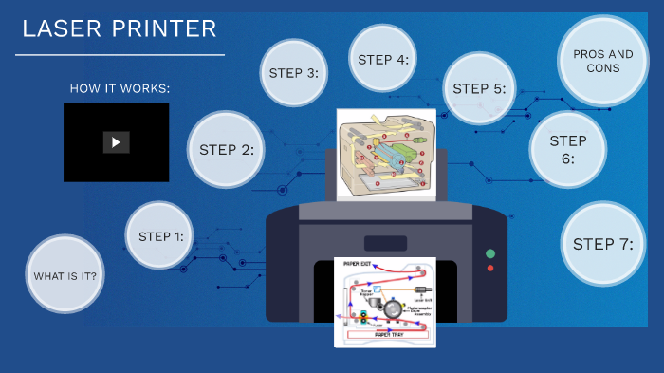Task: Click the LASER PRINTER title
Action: click(120, 29)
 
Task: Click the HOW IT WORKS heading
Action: click(120, 88)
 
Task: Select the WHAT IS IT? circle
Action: click(65, 276)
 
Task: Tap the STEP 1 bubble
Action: click(160, 236)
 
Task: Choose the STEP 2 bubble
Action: click(226, 149)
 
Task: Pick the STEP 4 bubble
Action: click(383, 60)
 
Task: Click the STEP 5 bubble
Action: click(479, 89)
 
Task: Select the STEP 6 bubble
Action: click(568, 150)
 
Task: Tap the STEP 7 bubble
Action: click(602, 244)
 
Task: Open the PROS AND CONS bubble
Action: click(603, 62)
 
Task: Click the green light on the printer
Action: click(490, 253)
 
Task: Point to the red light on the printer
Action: click(490, 269)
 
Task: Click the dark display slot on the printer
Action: click(385, 244)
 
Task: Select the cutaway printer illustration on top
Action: click(386, 154)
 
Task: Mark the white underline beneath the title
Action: click(120, 55)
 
